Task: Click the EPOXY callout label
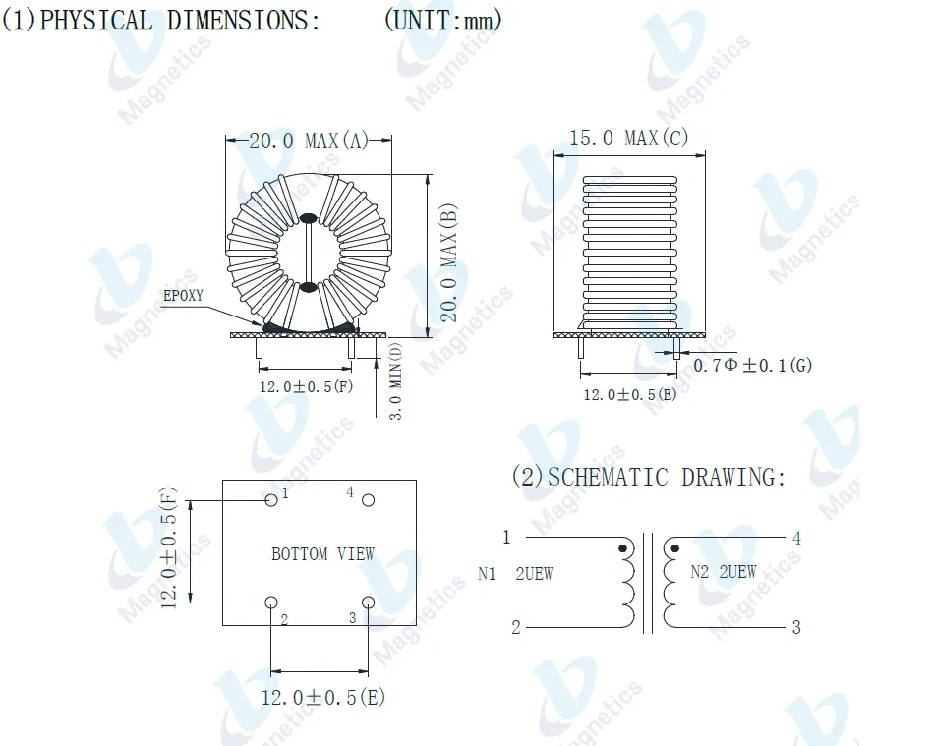183,295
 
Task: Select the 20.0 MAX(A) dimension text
309,141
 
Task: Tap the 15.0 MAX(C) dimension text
629,138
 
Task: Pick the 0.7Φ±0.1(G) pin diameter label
753,366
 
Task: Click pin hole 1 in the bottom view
271,500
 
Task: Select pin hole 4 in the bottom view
369,500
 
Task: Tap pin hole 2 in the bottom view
271,603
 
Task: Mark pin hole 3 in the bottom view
369,603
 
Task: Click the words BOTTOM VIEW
322,554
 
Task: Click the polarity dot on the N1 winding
622,548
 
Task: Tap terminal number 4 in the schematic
796,538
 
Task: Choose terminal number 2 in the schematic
515,628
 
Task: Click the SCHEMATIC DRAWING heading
649,478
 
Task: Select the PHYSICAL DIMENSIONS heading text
161,21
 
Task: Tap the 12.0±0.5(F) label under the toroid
306,386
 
